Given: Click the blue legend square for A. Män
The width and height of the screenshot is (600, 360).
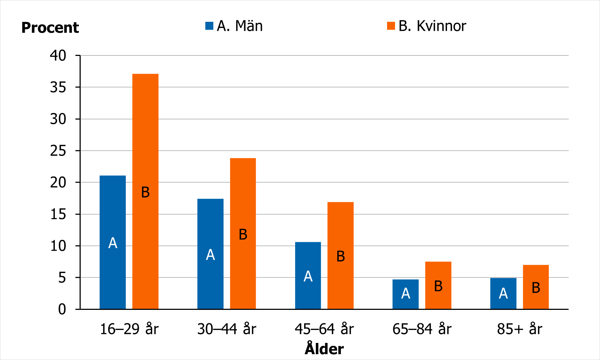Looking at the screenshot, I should (209, 26).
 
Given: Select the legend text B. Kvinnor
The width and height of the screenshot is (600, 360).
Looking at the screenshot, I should (432, 26).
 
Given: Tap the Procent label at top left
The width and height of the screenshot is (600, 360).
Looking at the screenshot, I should (50, 28).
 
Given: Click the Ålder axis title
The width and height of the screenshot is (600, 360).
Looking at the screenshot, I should (324, 349).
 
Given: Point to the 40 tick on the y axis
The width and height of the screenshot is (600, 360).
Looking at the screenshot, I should (58, 56).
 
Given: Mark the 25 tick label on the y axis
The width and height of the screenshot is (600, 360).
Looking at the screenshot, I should (58, 151).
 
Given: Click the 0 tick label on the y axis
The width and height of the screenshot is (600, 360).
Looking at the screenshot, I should (62, 309).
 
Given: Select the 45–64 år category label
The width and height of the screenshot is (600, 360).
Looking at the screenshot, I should (324, 329).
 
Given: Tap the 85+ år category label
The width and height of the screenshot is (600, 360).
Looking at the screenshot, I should (519, 329).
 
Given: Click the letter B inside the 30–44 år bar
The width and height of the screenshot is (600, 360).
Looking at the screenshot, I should (243, 235).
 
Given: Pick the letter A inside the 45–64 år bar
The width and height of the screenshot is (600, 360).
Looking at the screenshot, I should (308, 276).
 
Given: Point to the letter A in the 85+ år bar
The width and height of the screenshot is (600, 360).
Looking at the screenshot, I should (503, 293).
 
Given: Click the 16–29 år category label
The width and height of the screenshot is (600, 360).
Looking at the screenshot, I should (129, 329).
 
